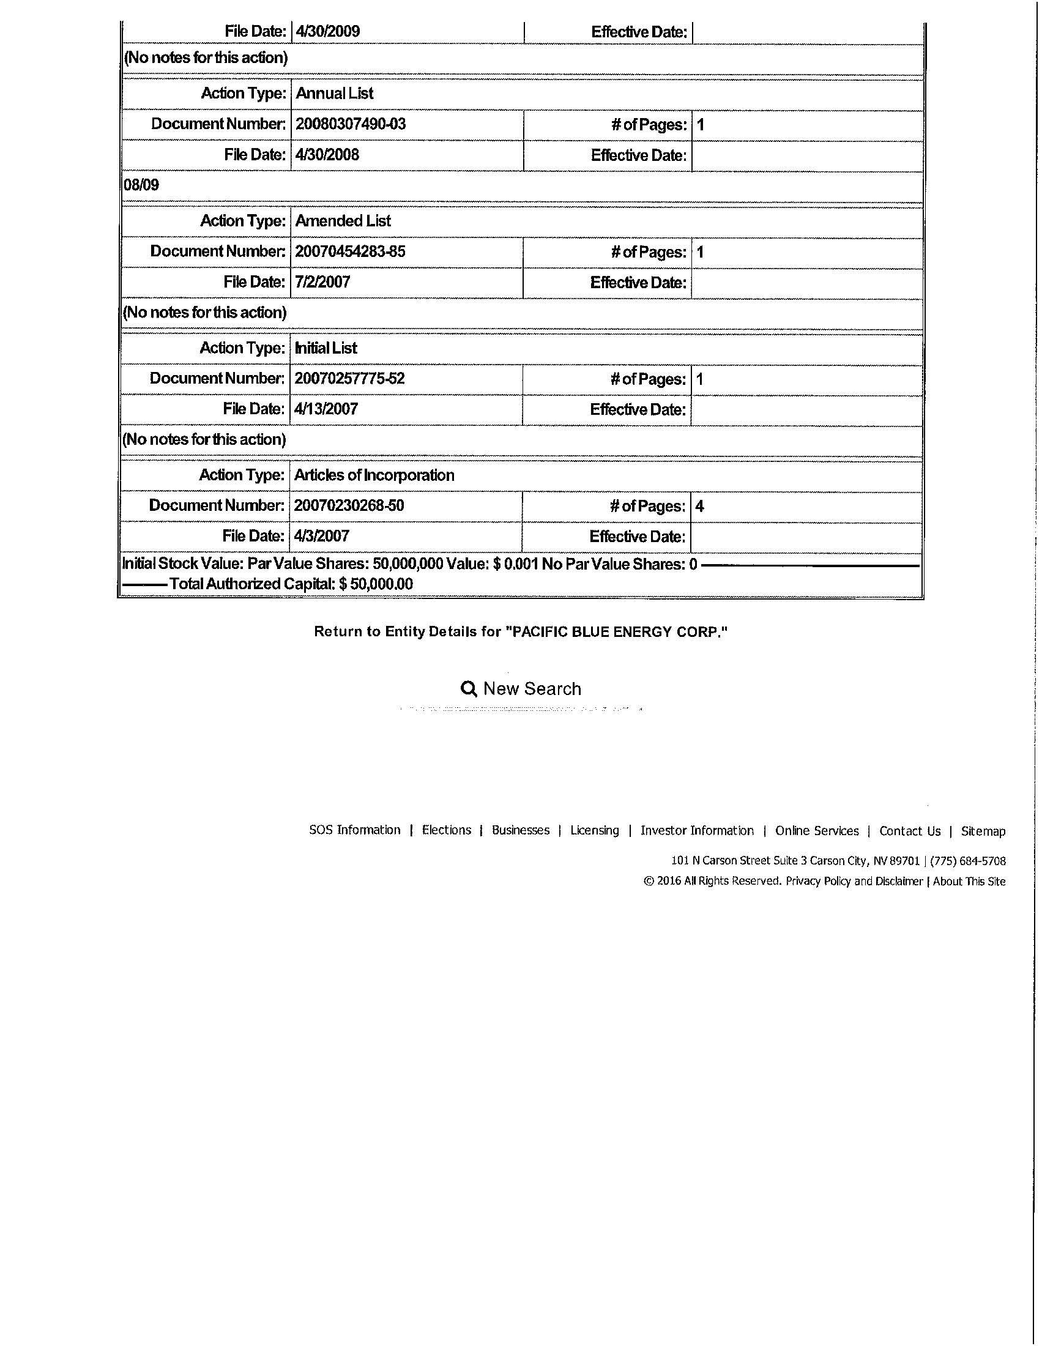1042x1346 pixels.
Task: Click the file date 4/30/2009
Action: [x=327, y=31]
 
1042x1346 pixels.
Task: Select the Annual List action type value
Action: [x=335, y=93]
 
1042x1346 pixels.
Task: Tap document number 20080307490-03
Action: [x=350, y=124]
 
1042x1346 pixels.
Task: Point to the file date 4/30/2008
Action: [x=327, y=154]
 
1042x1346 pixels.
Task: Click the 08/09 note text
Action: [x=141, y=185]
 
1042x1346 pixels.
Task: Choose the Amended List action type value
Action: [x=343, y=221]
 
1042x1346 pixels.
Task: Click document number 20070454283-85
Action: [x=349, y=251]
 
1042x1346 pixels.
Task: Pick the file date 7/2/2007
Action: [x=322, y=281]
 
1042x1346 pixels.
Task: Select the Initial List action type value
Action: [x=326, y=348]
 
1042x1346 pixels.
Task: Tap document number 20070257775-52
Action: [x=349, y=378]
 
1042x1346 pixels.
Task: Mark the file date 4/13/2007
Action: [x=326, y=409]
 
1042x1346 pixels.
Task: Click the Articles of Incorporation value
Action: [x=374, y=475]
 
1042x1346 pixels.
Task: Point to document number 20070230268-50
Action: [x=349, y=505]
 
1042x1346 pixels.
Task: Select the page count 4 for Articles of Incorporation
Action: [x=699, y=506]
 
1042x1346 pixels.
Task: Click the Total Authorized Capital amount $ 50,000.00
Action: [x=375, y=584]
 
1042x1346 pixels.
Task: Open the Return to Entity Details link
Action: [x=521, y=632]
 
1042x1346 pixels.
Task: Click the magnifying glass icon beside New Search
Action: [x=469, y=688]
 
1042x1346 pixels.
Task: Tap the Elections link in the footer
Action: [x=446, y=830]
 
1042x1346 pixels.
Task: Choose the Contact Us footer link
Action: [x=909, y=831]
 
